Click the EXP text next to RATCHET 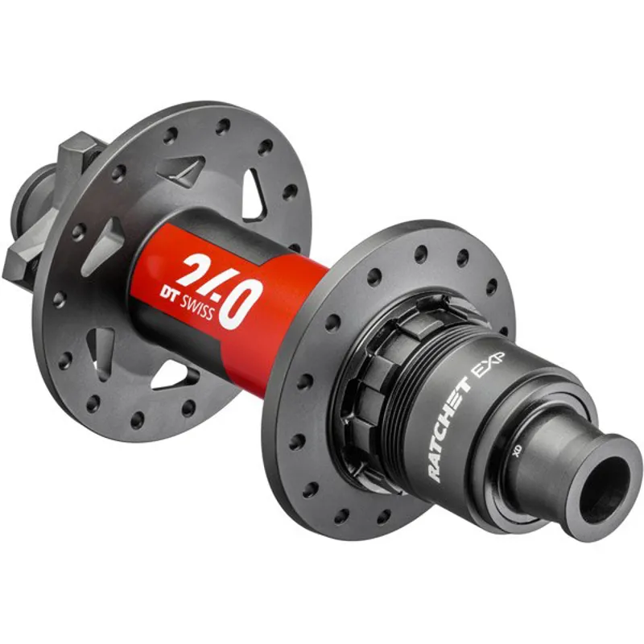487,369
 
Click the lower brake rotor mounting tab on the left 22,261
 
